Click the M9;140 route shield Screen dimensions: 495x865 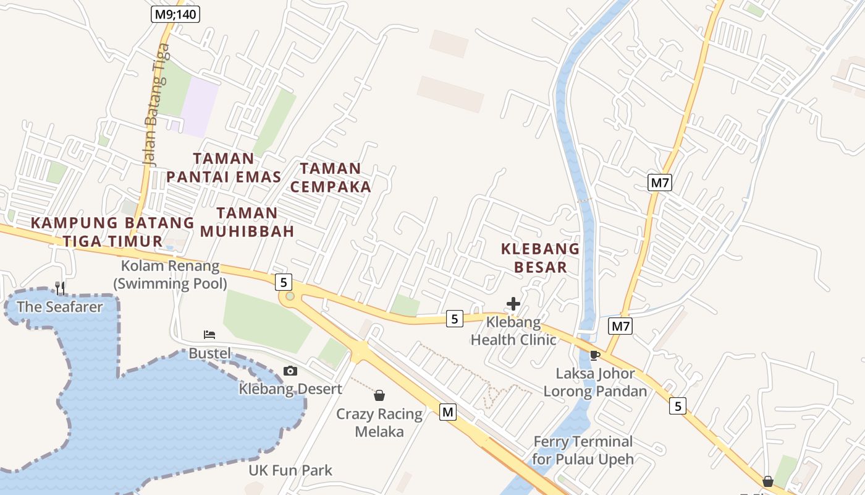pyautogui.click(x=175, y=14)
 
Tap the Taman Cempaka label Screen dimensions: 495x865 pyautogui.click(x=331, y=178)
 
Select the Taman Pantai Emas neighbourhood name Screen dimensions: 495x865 pyautogui.click(x=224, y=168)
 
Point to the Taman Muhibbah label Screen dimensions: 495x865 pyautogui.click(x=247, y=222)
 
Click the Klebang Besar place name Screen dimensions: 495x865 pyautogui.click(x=540, y=258)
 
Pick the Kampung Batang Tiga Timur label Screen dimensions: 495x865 pyautogui.click(x=112, y=231)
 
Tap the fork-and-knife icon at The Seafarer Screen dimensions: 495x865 pyautogui.click(x=60, y=288)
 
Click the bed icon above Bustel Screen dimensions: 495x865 pyautogui.click(x=209, y=335)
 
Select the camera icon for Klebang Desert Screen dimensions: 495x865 pyautogui.click(x=290, y=371)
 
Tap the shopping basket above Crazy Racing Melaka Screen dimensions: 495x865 pyautogui.click(x=379, y=395)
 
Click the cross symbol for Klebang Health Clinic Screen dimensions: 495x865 pyautogui.click(x=513, y=304)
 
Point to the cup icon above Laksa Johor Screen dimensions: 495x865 pyautogui.click(x=595, y=355)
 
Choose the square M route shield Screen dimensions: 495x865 pyautogui.click(x=448, y=411)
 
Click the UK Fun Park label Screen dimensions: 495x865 pyautogui.click(x=290, y=470)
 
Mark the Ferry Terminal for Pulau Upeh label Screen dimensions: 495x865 pyautogui.click(x=583, y=450)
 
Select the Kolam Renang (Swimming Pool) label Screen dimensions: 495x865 pyautogui.click(x=170, y=275)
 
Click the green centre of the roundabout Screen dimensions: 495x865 pyautogui.click(x=290, y=296)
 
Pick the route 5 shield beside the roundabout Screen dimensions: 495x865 pyautogui.click(x=283, y=282)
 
